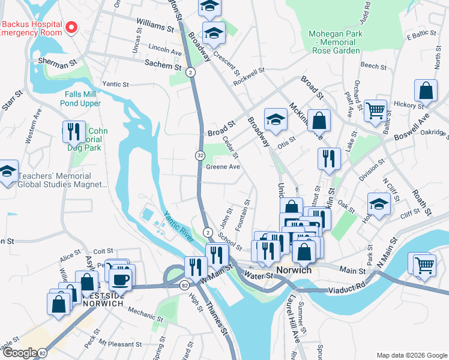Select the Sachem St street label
pyautogui.click(x=163, y=62)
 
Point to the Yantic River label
pyautogui.click(x=179, y=227)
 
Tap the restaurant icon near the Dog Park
pyautogui.click(x=73, y=131)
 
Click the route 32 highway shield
pyautogui.click(x=199, y=155)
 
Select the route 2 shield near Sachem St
pyautogui.click(x=190, y=72)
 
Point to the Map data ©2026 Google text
pyautogui.click(x=411, y=355)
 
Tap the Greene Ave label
pyautogui.click(x=223, y=167)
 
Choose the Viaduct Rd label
pyautogui.click(x=342, y=289)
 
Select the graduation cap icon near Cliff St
pyautogui.click(x=379, y=205)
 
